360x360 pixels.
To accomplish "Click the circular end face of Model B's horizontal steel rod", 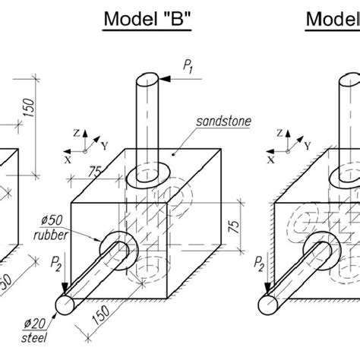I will coord(64,304).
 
